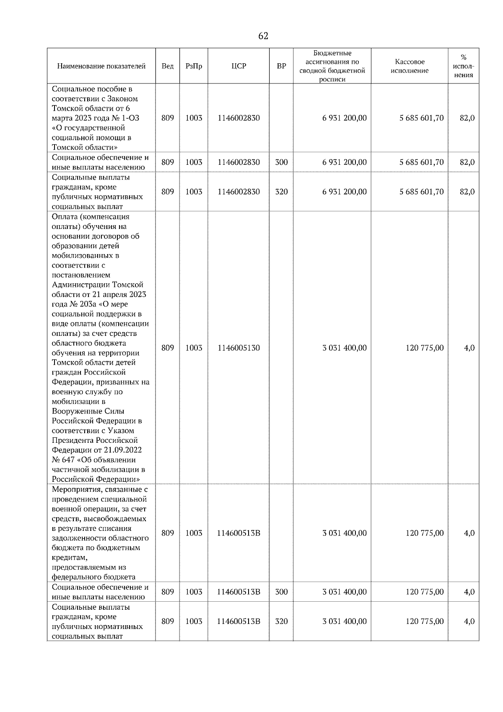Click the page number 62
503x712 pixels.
pyautogui.click(x=263, y=36)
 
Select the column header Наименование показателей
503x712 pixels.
pyautogui.click(x=101, y=66)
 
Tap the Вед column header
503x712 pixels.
pyautogui.click(x=168, y=66)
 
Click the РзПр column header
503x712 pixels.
pyautogui.click(x=194, y=66)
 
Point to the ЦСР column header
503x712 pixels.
pyautogui.click(x=239, y=66)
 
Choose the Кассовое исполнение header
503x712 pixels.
pyautogui.click(x=410, y=66)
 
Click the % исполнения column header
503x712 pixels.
pyautogui.click(x=463, y=66)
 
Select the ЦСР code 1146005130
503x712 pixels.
pyautogui.click(x=239, y=348)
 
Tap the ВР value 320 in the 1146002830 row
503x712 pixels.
pyautogui.click(x=281, y=192)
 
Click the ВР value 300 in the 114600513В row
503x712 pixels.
pyautogui.click(x=281, y=592)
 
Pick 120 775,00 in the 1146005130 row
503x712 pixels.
pyautogui.click(x=425, y=348)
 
